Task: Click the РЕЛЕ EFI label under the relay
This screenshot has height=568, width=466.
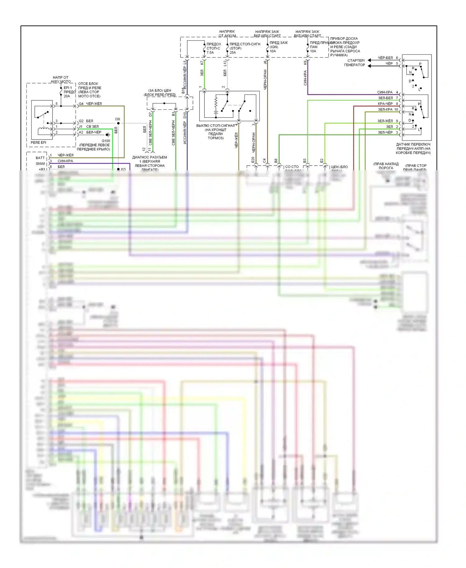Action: point(38,142)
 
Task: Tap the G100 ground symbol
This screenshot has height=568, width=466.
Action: point(108,135)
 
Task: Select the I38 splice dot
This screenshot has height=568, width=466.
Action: point(118,123)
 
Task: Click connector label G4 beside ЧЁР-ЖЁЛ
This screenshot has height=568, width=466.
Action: point(81,104)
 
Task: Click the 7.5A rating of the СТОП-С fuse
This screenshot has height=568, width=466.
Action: point(210,53)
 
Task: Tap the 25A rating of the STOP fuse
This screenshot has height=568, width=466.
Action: point(233,53)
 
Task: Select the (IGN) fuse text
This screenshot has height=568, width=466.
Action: point(274,47)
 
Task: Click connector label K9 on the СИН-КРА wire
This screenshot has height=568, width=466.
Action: point(305,62)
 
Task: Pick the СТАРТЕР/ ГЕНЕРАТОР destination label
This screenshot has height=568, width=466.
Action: point(354,63)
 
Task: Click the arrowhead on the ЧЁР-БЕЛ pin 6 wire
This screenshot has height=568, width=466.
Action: point(370,60)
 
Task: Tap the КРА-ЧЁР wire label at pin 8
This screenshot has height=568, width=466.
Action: point(385,104)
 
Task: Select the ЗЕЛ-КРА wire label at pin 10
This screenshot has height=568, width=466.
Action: point(385,109)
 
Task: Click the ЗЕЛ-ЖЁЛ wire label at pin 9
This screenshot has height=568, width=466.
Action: point(385,121)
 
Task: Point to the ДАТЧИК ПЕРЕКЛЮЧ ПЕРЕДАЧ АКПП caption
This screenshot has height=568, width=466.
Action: point(413,149)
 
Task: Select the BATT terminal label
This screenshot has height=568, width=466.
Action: point(40,158)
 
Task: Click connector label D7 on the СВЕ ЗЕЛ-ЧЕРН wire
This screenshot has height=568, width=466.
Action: point(151,114)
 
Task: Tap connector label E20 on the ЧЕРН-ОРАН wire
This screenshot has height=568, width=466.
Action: point(253,160)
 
